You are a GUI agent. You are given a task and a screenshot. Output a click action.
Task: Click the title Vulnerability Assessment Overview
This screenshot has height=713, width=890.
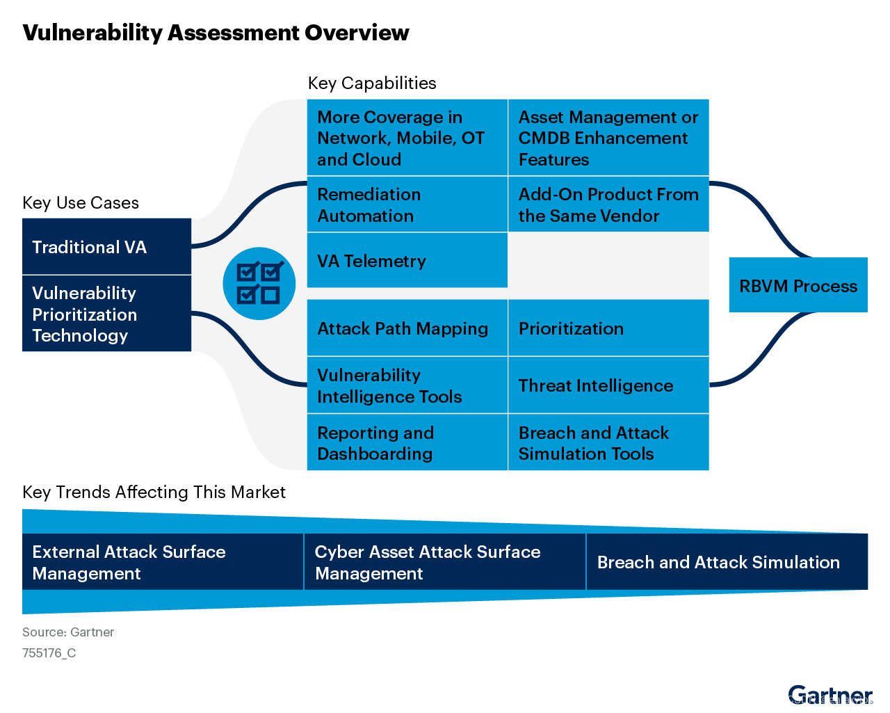point(216,33)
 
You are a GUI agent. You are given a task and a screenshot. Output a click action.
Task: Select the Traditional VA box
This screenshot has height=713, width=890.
point(106,247)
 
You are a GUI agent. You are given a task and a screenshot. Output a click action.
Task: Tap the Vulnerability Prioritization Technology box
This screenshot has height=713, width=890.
point(106,314)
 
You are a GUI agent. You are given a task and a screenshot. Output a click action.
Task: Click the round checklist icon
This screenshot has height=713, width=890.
point(259,284)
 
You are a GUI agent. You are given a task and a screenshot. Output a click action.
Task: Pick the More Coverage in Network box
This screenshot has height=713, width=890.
point(407,138)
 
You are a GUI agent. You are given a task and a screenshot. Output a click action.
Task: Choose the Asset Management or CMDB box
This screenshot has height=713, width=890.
point(608,138)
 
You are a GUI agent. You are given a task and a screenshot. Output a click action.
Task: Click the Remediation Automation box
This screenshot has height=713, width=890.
point(407,205)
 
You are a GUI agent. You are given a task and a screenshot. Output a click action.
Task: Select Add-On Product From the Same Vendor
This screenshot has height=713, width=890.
point(608,205)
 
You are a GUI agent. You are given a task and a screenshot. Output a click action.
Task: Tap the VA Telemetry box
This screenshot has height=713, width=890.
point(407,261)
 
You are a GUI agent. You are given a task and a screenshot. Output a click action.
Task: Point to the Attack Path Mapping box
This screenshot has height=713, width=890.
point(407,328)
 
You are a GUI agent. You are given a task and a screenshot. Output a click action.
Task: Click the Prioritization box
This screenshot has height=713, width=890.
point(608,328)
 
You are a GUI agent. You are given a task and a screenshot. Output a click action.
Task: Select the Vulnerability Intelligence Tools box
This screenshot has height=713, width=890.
point(407,385)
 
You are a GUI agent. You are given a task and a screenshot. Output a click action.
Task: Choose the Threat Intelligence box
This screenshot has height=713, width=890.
point(608,385)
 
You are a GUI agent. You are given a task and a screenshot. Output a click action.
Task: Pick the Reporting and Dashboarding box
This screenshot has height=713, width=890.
point(407,443)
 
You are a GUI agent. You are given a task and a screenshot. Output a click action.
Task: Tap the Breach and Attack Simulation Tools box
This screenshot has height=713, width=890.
point(608,443)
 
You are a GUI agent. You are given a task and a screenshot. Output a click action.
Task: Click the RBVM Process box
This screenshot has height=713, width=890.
point(798,285)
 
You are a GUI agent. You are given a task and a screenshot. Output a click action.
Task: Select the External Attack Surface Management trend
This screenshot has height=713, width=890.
point(163,562)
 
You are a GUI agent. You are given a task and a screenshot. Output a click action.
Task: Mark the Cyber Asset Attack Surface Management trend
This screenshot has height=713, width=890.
point(445,562)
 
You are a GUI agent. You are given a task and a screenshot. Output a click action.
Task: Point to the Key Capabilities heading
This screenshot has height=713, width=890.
point(372,83)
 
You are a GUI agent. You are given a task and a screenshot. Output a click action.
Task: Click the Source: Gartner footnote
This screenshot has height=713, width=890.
point(68,632)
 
